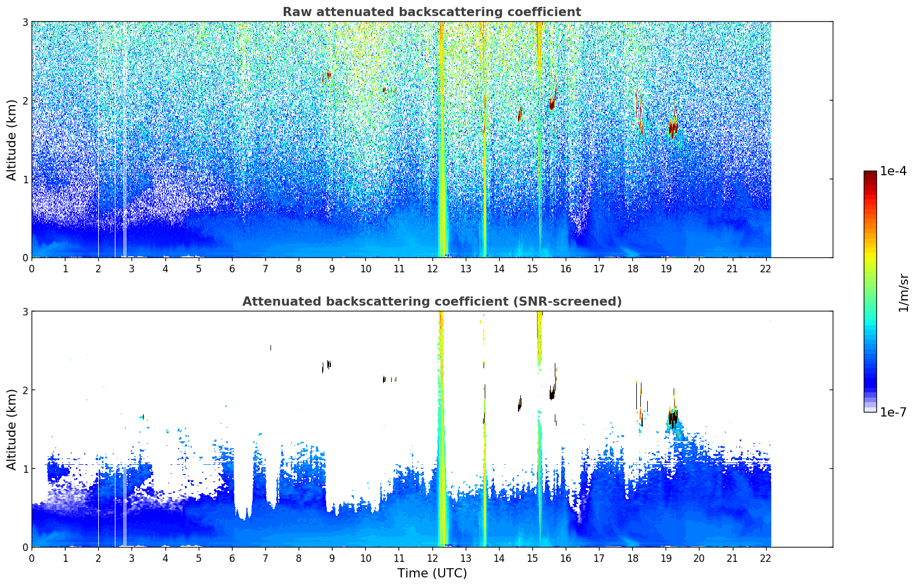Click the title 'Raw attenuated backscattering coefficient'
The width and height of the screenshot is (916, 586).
pos(431,12)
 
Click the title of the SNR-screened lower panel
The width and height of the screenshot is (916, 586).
pos(431,302)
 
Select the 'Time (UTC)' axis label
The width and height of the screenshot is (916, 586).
pos(432,573)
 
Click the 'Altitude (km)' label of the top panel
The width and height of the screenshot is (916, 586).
pos(12,140)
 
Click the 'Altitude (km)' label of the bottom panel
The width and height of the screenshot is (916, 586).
pos(12,429)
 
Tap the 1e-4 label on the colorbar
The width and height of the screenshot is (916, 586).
pos(893,171)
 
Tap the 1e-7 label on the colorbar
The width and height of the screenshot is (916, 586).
pos(893,412)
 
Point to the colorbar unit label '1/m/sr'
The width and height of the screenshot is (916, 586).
pos(903,292)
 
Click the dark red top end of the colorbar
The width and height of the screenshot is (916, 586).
pos(870,174)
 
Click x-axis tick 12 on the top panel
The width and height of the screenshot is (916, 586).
pos(432,268)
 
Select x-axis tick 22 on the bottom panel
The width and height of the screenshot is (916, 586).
pos(766,558)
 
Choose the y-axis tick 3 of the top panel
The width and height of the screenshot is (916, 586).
pos(25,22)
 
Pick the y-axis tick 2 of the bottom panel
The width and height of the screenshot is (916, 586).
pos(25,390)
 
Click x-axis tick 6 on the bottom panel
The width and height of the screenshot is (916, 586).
pos(232,558)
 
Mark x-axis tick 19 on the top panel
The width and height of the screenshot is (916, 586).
pos(666,268)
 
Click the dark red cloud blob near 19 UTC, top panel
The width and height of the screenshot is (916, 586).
pos(672,128)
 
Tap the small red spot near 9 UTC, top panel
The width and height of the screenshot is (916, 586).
pos(328,75)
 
